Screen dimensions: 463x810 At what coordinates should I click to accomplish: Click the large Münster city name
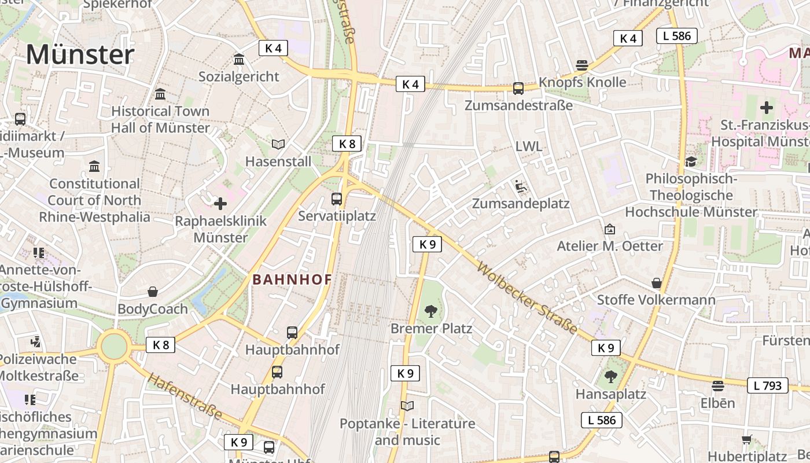80,55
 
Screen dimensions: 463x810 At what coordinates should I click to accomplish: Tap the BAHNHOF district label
292,280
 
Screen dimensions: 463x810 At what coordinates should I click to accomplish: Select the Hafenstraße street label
185,396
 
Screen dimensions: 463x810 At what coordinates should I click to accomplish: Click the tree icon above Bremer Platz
430,312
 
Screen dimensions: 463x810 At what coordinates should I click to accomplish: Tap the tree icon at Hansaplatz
610,377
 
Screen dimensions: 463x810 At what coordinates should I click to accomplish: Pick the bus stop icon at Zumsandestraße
518,89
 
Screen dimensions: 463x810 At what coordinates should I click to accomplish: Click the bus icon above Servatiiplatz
337,199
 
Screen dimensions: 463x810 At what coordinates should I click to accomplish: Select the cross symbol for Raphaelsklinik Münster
220,204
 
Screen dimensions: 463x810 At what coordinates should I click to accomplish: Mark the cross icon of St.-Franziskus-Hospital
767,108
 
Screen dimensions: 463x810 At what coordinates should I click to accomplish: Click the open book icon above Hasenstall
278,144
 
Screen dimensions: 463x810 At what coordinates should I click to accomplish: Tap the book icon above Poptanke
407,406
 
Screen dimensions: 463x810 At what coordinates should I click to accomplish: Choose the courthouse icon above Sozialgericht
238,59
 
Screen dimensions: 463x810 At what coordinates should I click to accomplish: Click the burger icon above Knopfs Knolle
582,65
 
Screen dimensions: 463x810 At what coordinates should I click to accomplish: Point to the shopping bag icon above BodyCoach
153,292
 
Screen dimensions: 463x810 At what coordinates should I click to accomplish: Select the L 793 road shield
768,385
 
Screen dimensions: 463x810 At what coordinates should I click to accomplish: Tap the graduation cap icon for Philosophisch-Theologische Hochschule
691,161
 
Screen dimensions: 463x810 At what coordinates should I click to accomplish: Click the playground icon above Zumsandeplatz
520,186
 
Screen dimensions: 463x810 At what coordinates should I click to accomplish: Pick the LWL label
529,146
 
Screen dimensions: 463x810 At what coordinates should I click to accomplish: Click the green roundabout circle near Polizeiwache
114,347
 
